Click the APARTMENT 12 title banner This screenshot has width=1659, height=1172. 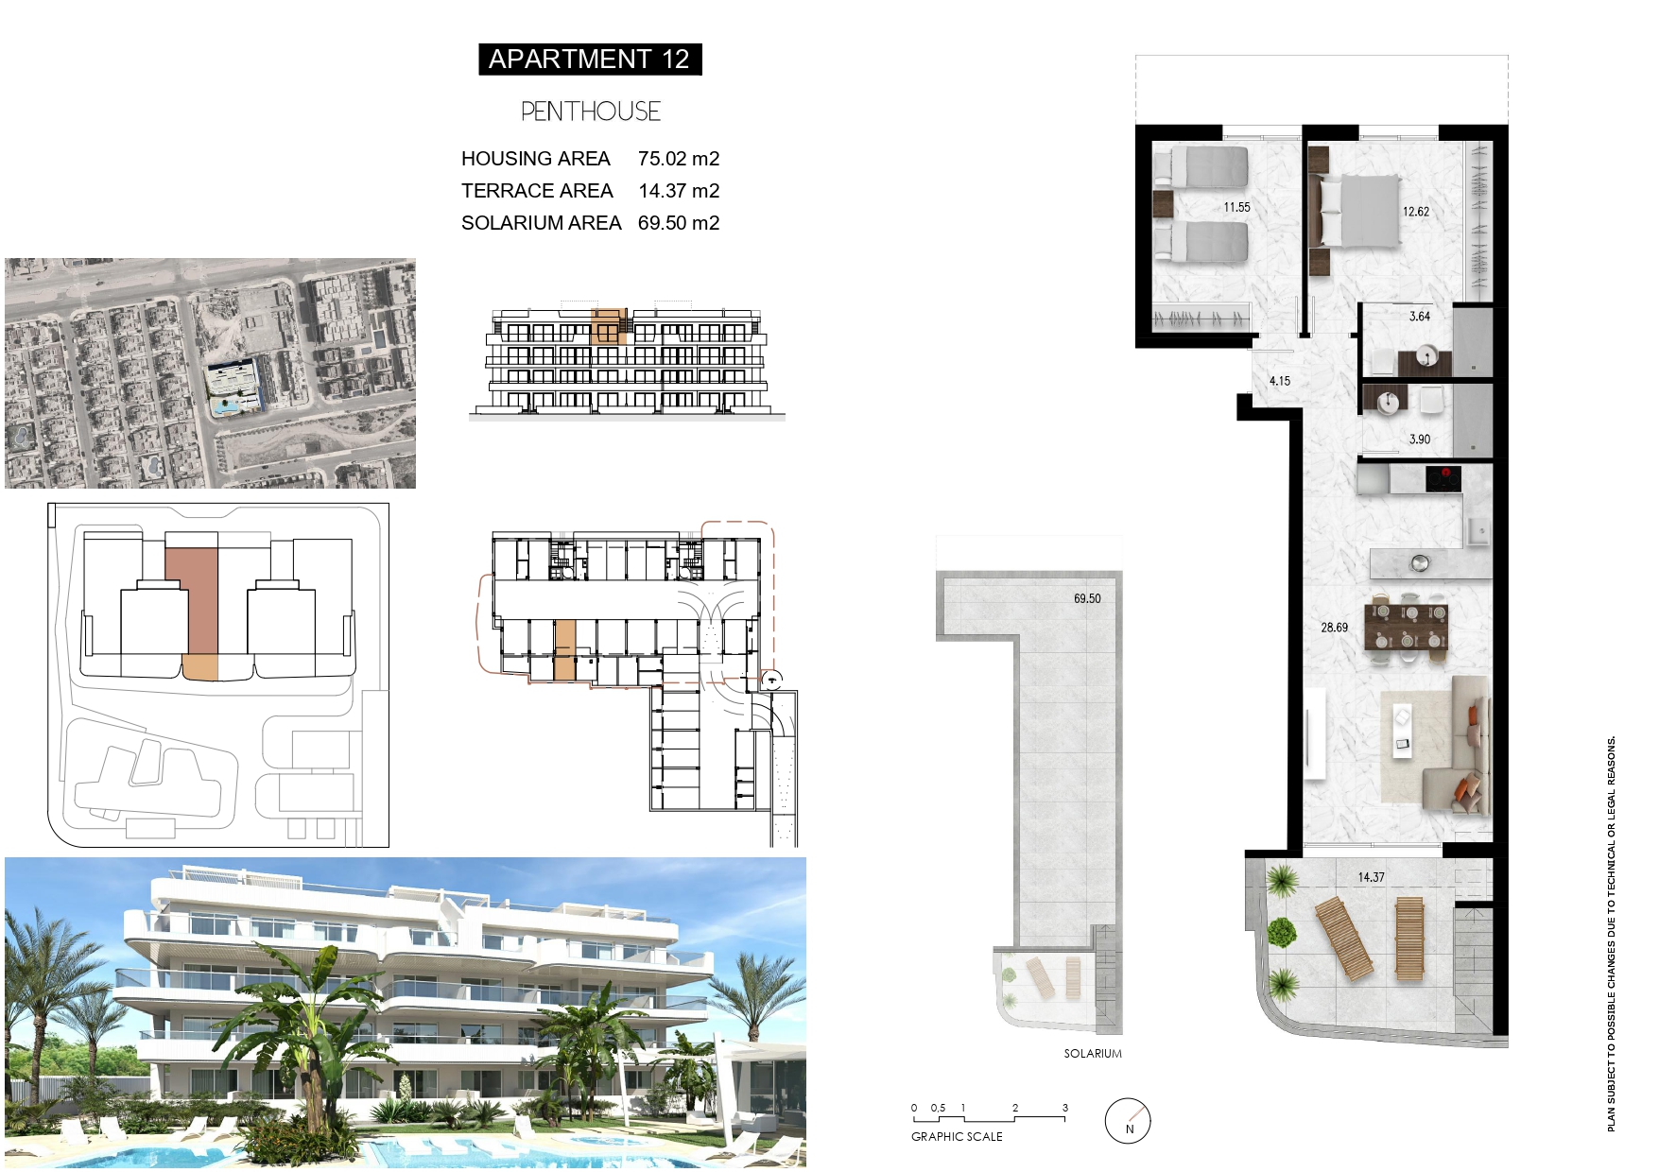(590, 60)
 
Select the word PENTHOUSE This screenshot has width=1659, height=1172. (590, 112)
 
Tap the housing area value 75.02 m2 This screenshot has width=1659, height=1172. (679, 159)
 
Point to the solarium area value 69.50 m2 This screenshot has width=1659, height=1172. (679, 223)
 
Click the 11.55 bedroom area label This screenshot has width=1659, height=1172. (1236, 207)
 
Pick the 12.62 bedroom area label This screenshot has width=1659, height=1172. (1415, 212)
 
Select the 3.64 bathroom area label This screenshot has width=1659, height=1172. (1419, 317)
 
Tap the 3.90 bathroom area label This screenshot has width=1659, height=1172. (1419, 439)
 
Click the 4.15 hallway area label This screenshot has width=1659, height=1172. (1279, 381)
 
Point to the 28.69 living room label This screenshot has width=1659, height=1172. (1334, 628)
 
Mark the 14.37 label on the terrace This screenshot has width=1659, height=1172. (1371, 877)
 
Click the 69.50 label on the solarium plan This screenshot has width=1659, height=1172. (1087, 598)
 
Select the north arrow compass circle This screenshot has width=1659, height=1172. (1128, 1121)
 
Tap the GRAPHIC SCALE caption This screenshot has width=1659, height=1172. (957, 1137)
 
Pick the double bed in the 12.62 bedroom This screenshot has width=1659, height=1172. (1359, 212)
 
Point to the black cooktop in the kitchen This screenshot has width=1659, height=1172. (1443, 478)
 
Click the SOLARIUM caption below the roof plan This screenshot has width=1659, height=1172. (1093, 1054)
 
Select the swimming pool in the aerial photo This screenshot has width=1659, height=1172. (225, 407)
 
